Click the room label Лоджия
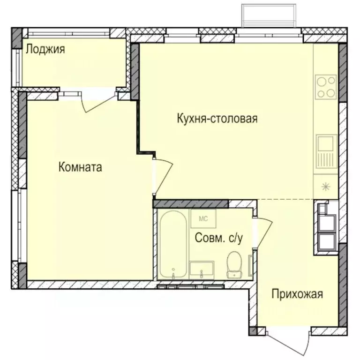[45, 49]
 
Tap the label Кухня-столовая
[217, 119]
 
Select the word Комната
[80, 167]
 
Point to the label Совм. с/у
[218, 239]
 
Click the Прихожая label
[298, 294]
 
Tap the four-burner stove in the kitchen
[326, 87]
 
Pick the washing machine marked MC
[203, 219]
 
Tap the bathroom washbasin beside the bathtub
[202, 270]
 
